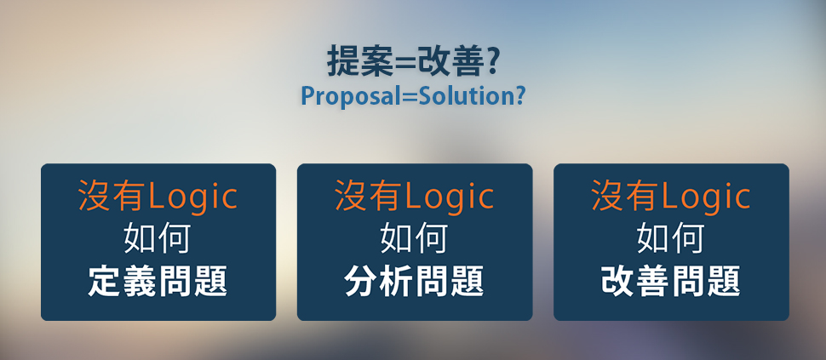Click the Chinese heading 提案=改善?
412,62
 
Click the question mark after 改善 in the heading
491,62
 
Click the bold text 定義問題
158,281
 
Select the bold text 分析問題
414,281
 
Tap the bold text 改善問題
671,281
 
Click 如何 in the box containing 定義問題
157,238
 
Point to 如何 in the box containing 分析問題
414,238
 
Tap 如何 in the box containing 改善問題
670,238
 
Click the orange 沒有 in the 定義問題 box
112,196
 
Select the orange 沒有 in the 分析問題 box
369,196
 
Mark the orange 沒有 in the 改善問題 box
625,196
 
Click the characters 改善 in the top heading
450,62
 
